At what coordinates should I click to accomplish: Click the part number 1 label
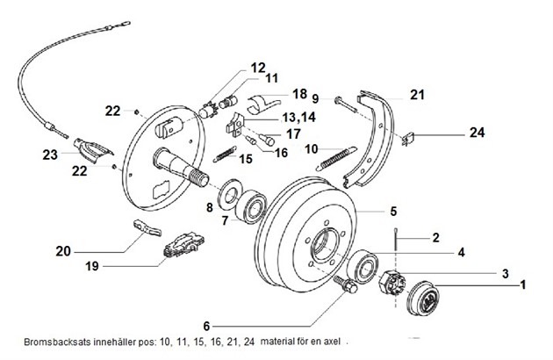[x=524, y=284]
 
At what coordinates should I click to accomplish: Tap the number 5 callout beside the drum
[x=393, y=211]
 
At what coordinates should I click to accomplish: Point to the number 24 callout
[x=477, y=133]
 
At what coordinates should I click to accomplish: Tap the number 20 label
[x=62, y=250]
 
